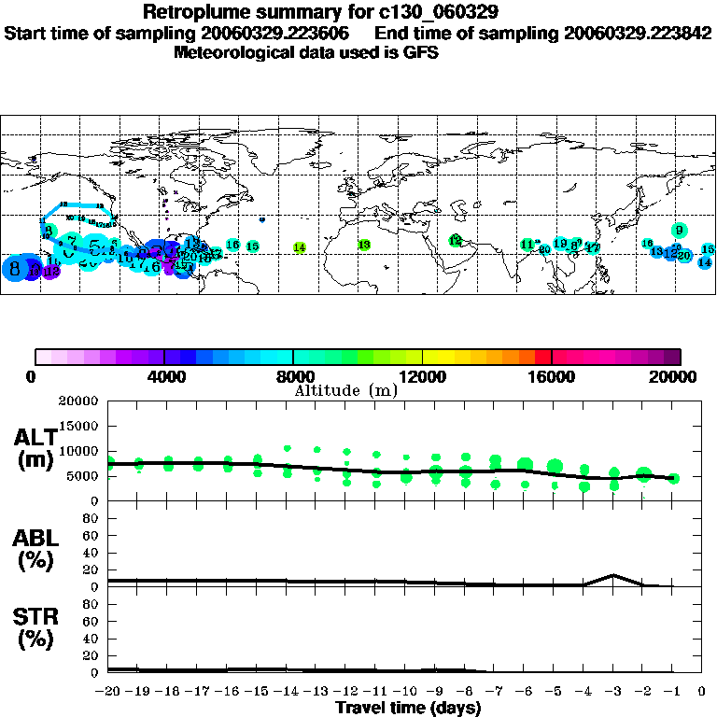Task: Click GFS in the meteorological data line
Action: coord(420,52)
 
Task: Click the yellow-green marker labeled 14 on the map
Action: coord(300,247)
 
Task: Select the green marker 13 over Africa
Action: coord(364,245)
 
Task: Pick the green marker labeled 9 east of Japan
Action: coord(680,231)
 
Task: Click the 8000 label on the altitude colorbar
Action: coord(293,377)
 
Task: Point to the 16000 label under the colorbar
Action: coord(552,377)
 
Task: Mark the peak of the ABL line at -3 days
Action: coord(613,575)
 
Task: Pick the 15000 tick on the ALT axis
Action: coord(78,426)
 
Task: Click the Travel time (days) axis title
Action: coord(408,709)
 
